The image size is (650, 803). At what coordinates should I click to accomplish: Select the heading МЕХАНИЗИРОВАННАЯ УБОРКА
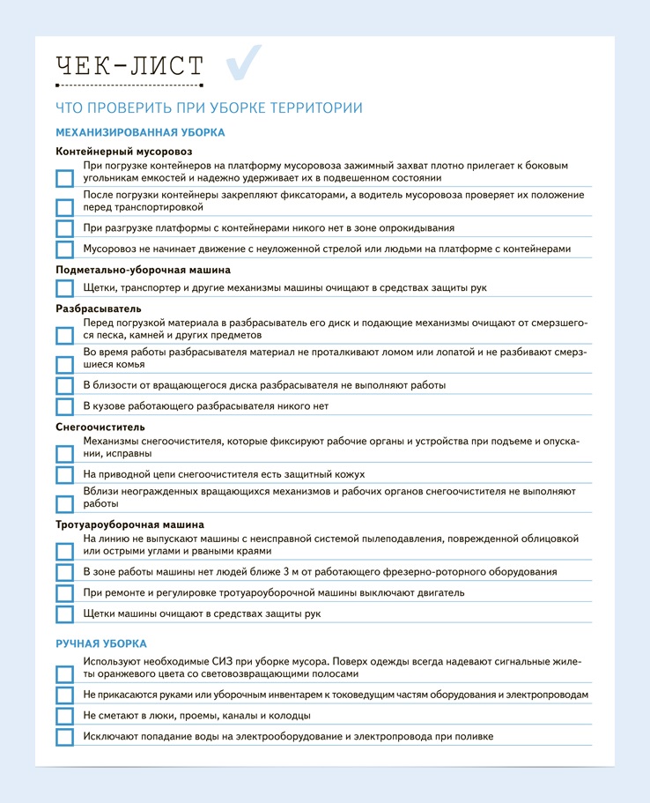(140, 132)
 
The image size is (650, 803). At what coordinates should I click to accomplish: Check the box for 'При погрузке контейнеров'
(64, 178)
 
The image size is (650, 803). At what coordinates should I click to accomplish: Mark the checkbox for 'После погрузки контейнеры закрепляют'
(64, 208)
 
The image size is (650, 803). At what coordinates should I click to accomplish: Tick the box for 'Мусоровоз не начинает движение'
(64, 249)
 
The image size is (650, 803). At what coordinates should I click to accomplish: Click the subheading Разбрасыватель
(98, 309)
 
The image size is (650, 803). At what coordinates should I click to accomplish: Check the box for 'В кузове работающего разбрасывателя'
(64, 406)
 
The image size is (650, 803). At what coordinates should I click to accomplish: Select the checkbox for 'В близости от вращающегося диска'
(64, 385)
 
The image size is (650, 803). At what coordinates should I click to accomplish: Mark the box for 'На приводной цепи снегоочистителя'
(64, 475)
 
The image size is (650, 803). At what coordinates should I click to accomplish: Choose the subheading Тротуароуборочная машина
(129, 524)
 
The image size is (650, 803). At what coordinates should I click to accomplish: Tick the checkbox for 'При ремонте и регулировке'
(64, 593)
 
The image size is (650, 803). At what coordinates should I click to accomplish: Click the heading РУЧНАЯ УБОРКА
(101, 644)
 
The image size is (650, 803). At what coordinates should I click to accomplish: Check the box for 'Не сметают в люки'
(64, 716)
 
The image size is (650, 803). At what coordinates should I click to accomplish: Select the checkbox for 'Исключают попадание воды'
(64, 737)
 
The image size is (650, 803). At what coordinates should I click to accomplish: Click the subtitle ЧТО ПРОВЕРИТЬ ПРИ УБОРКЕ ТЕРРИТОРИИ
(209, 108)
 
